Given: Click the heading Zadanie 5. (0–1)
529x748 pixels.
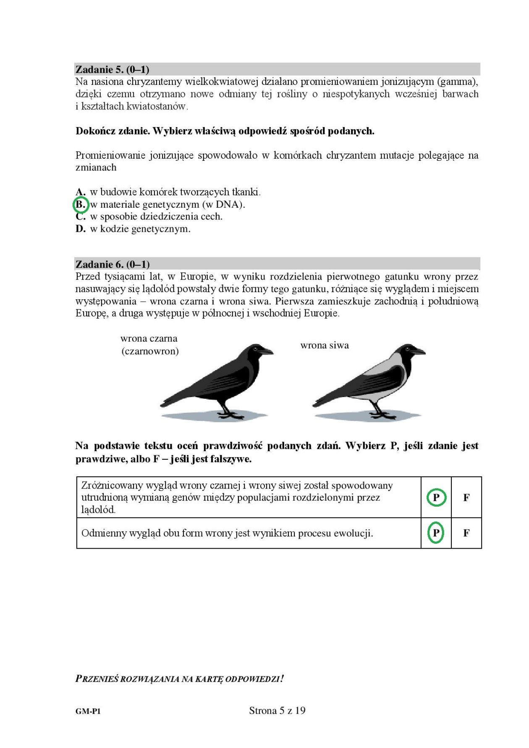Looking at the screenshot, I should pos(112,69).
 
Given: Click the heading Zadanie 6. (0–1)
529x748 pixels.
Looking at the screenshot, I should pos(112,264).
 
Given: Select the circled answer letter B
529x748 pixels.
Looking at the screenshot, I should pos(80,205).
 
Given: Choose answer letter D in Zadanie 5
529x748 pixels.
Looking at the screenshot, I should pos(80,229).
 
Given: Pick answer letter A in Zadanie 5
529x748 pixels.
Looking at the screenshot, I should pos(80,193).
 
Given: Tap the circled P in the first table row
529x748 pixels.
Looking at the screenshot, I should pos(436,497).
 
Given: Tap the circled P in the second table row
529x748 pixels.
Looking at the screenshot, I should pos(436,533).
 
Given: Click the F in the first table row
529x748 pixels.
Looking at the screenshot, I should pos(466,497).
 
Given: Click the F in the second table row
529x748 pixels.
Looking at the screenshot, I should pos(466,533).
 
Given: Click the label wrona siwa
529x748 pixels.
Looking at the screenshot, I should pos(325,345).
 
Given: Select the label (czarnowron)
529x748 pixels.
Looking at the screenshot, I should pos(150,351).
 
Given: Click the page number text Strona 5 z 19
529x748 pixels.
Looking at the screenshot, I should pos(277,710).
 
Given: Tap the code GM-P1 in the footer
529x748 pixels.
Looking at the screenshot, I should pos(88,711).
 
